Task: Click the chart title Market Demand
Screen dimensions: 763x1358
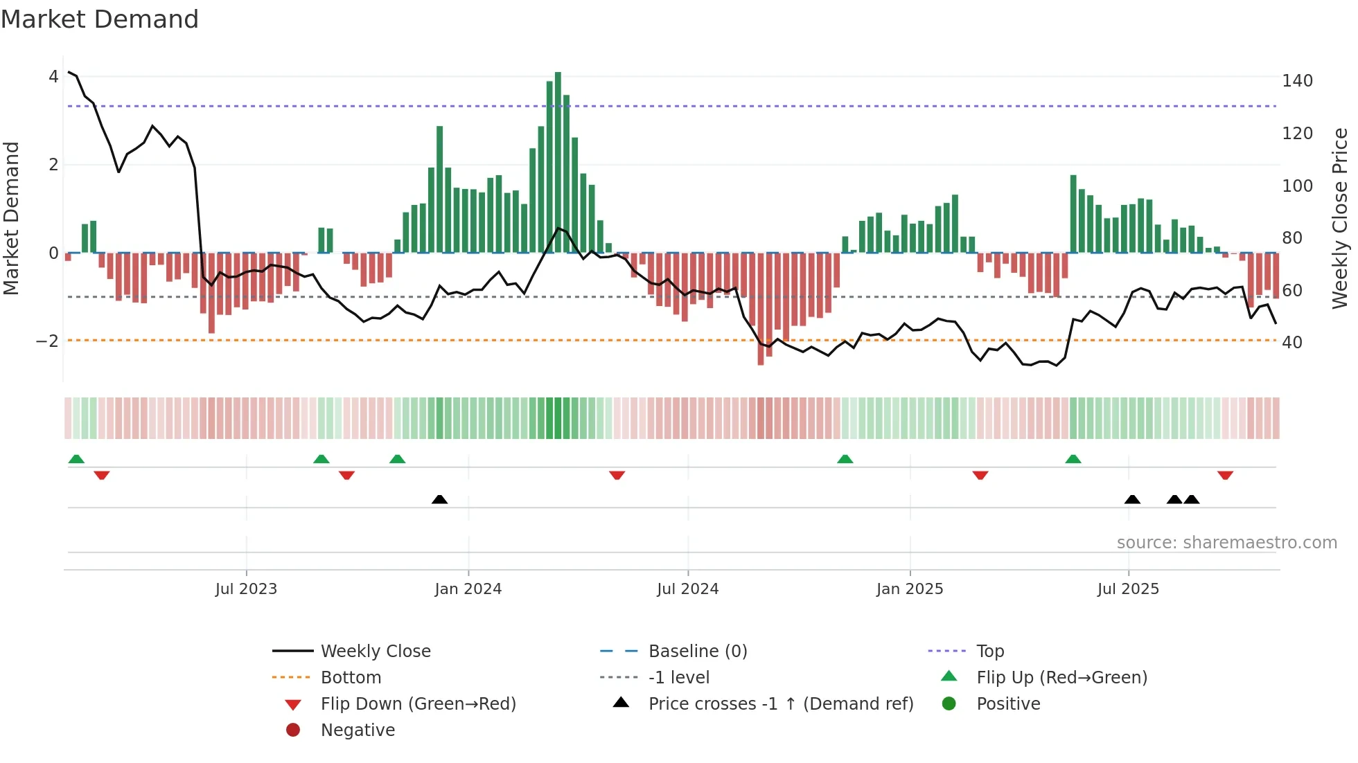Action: (100, 19)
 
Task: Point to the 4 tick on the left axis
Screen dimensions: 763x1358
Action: (53, 77)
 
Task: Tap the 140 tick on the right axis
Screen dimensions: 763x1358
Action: (1297, 81)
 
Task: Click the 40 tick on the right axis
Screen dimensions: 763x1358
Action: (1291, 343)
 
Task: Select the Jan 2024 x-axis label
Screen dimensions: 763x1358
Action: (468, 589)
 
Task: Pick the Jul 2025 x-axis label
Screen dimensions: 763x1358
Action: (1127, 589)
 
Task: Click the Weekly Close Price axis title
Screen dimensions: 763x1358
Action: (1340, 218)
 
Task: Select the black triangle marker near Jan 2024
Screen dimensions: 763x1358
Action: (439, 499)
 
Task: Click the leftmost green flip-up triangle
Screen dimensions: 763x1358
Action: (76, 459)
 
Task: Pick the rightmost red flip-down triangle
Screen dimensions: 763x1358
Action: (1225, 475)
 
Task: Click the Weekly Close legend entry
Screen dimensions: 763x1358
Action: (375, 652)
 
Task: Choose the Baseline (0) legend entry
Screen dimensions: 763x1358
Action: (697, 652)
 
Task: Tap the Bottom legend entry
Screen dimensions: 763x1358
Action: (351, 678)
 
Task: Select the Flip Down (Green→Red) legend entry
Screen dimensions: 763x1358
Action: (418, 704)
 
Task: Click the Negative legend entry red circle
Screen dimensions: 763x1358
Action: (293, 730)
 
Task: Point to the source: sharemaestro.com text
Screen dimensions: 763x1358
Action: (1226, 543)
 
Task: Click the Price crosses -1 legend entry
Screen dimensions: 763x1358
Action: (780, 704)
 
